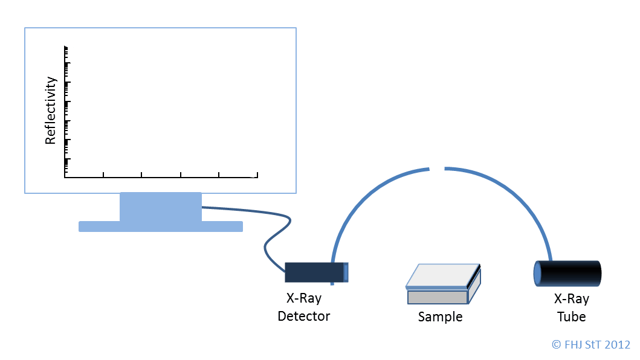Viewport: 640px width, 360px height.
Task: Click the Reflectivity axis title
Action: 50,110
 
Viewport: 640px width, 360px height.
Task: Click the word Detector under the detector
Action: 303,316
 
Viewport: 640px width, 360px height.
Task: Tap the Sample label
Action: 440,317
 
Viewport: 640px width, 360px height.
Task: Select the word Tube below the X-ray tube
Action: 572,317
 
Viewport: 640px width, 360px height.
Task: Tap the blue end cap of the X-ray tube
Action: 537,274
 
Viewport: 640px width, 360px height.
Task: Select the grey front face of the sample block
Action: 438,297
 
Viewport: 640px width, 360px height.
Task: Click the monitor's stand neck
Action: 160,207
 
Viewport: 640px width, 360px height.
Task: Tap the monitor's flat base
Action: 160,227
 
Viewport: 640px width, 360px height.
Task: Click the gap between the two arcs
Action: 437,168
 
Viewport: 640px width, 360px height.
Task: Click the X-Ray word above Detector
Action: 303,298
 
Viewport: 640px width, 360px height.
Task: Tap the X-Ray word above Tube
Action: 572,299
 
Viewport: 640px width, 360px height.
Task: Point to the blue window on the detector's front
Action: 346,272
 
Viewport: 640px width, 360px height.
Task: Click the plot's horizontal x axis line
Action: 161,177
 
